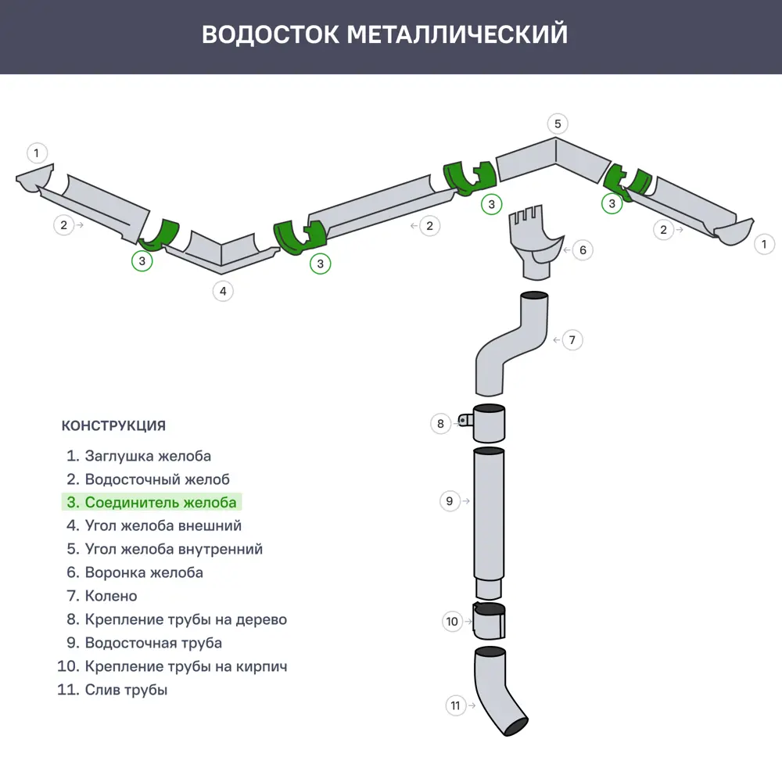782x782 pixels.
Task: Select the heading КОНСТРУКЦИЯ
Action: [x=113, y=426]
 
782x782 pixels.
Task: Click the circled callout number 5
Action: [x=557, y=124]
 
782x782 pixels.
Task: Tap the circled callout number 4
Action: [x=223, y=291]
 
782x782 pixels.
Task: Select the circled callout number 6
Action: [x=582, y=250]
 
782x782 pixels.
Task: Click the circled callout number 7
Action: [x=572, y=340]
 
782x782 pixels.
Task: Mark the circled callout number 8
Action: [x=440, y=424]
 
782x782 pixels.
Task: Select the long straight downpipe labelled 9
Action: [x=490, y=516]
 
